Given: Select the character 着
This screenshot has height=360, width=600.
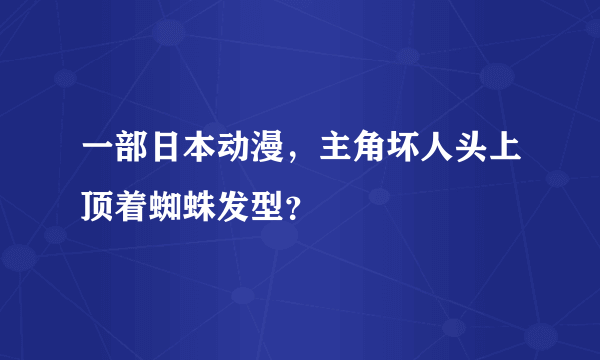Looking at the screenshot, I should coord(134,207).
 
